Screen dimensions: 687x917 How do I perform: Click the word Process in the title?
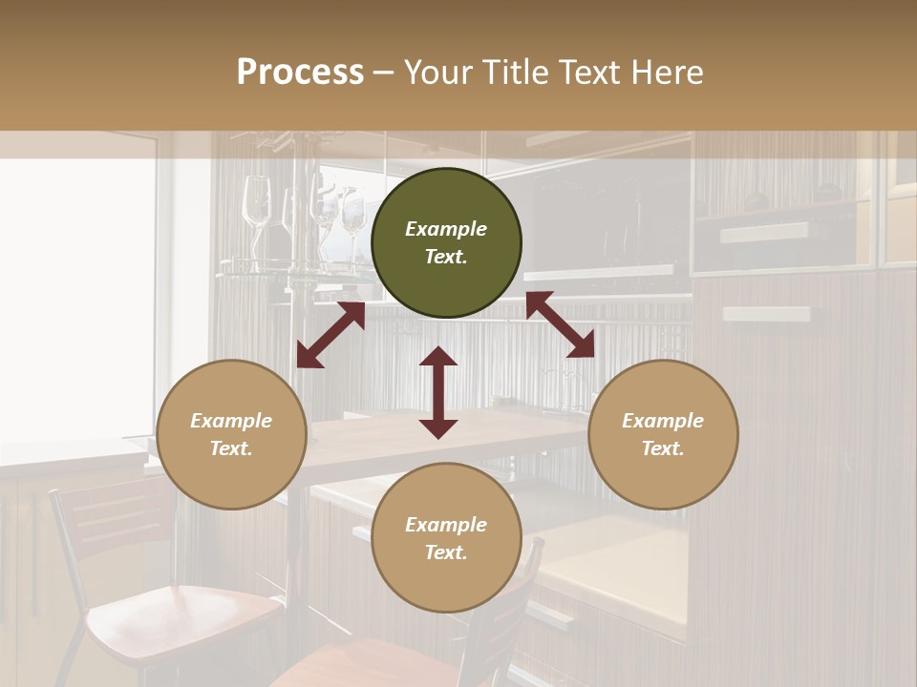tap(300, 73)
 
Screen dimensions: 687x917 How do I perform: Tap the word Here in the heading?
tap(666, 73)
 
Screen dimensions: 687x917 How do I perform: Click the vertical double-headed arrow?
tap(438, 392)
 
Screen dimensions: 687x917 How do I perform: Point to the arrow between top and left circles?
tap(331, 335)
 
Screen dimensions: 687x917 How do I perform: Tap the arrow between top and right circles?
tap(560, 324)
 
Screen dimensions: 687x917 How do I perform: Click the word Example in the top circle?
tap(446, 229)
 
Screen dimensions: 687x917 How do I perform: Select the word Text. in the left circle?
tap(231, 448)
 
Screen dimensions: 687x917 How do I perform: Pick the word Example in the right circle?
tap(663, 421)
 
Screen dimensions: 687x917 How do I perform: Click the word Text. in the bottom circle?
tap(446, 552)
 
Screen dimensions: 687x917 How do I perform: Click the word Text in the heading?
tap(590, 73)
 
